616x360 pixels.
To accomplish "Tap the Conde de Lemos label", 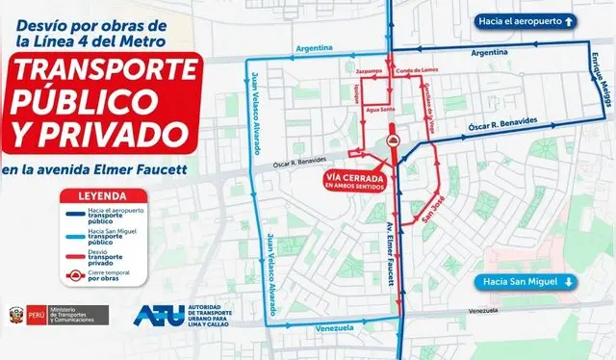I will (x=418, y=71).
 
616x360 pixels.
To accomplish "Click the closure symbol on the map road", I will (x=392, y=141).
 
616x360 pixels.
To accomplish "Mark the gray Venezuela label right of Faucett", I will (x=486, y=311).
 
